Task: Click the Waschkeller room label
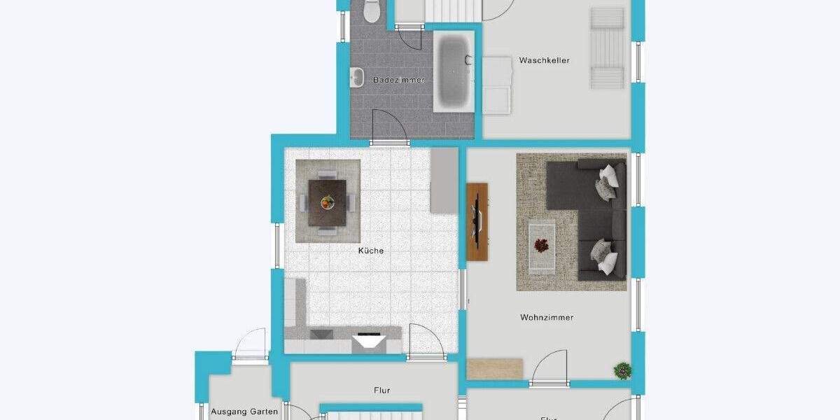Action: [x=544, y=60]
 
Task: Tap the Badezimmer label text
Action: [x=398, y=80]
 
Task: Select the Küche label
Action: [x=371, y=251]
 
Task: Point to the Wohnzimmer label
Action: [x=547, y=317]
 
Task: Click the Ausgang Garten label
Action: [x=244, y=412]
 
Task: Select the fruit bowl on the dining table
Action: [x=328, y=202]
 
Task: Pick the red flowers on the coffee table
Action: [x=541, y=245]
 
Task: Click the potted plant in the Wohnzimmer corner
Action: [x=621, y=369]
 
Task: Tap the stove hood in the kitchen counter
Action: [x=369, y=342]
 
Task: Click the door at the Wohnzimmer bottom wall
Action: [x=549, y=368]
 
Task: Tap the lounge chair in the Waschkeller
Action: [x=606, y=48]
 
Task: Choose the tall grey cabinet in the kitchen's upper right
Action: [x=444, y=180]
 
